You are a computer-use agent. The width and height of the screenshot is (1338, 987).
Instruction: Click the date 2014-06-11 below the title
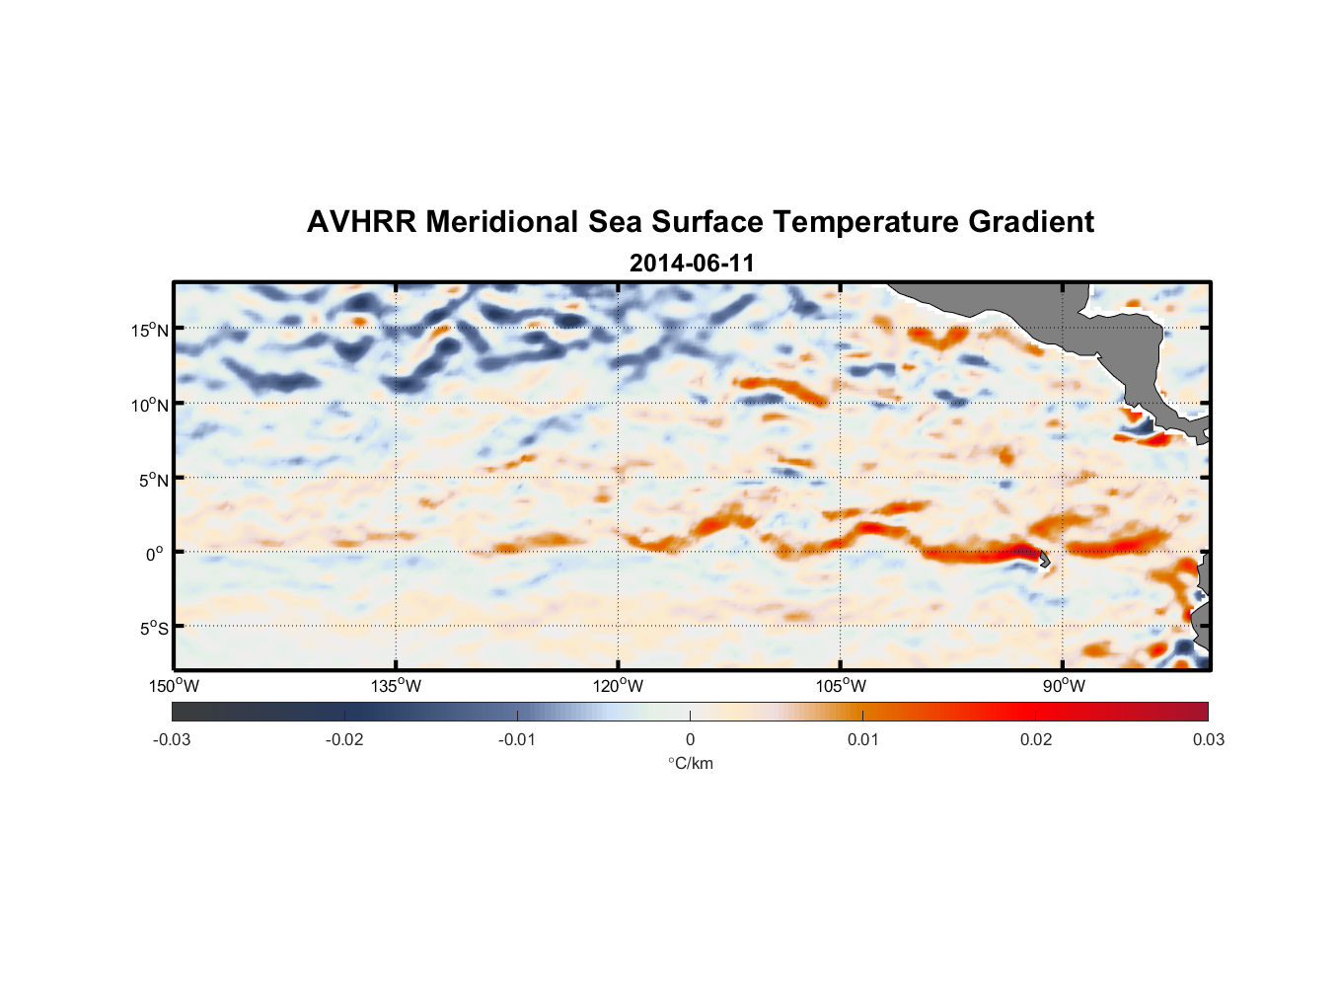692,264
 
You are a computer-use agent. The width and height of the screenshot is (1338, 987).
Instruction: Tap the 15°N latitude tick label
150,331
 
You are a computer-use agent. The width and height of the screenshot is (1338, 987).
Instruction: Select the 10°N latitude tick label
150,405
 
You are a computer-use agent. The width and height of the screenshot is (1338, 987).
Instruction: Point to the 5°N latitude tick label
153,480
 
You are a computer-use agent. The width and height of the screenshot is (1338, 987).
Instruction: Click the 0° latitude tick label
154,555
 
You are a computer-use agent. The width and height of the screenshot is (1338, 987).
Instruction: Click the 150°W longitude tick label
174,686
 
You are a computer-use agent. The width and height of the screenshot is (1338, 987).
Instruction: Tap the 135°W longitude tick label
396,686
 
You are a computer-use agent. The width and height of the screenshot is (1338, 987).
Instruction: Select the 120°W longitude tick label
618,686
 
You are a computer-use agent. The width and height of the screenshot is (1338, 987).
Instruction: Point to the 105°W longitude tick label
841,686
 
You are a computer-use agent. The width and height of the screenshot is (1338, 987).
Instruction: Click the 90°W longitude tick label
1064,686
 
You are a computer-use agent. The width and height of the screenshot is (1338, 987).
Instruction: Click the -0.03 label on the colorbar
172,739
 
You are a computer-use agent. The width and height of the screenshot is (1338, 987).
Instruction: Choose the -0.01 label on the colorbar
517,739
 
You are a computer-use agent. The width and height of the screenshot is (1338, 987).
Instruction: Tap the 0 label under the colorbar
690,739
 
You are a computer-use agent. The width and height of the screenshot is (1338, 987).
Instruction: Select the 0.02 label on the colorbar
1036,739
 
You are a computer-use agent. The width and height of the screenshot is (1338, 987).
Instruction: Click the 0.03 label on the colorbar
1208,739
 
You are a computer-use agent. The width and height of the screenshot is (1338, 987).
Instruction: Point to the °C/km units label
690,763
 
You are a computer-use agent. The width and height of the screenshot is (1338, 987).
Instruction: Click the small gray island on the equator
1044,560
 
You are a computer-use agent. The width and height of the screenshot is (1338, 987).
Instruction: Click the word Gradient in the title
1031,222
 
